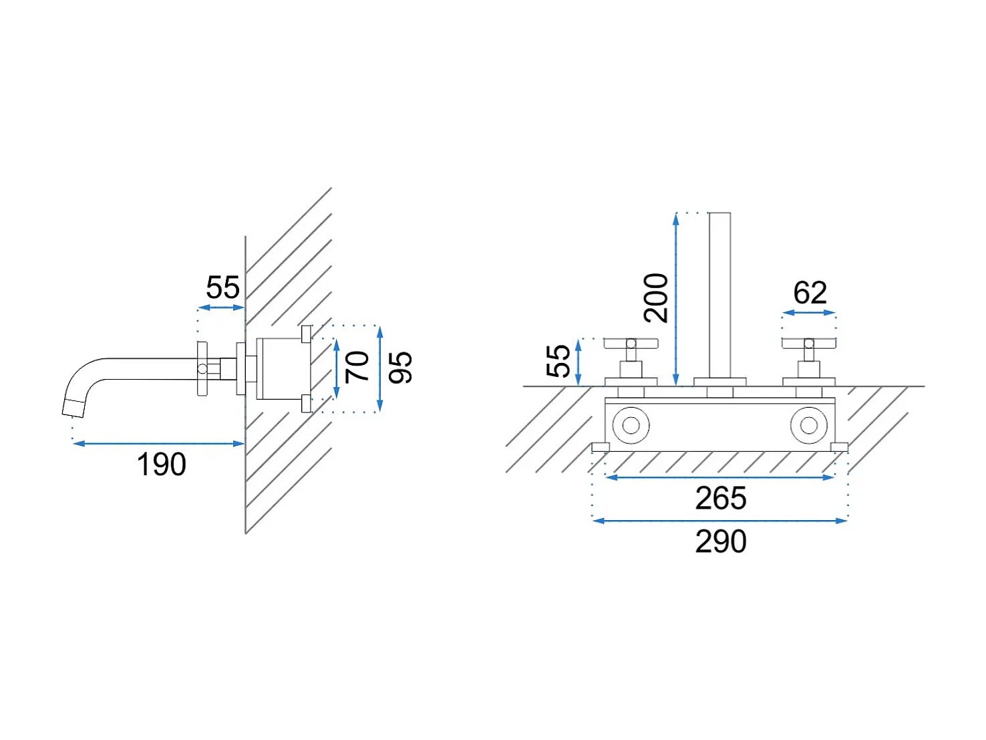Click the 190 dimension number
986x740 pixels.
click(161, 464)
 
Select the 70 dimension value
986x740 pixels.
click(357, 367)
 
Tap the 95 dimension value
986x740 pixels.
click(399, 368)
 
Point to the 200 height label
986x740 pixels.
click(655, 298)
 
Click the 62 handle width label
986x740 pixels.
click(810, 293)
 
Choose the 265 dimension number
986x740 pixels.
click(721, 498)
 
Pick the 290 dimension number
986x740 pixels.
click(721, 541)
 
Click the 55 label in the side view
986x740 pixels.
click(223, 287)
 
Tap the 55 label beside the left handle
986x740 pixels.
click(558, 361)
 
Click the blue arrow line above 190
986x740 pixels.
click(158, 443)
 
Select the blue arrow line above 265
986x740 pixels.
click(719, 477)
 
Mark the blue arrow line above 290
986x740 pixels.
click(719, 521)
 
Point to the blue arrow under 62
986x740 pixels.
click(808, 312)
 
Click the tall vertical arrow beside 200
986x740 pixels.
click(675, 299)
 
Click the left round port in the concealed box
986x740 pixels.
click(631, 425)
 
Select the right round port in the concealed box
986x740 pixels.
click(808, 425)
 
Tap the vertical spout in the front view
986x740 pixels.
click(719, 295)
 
